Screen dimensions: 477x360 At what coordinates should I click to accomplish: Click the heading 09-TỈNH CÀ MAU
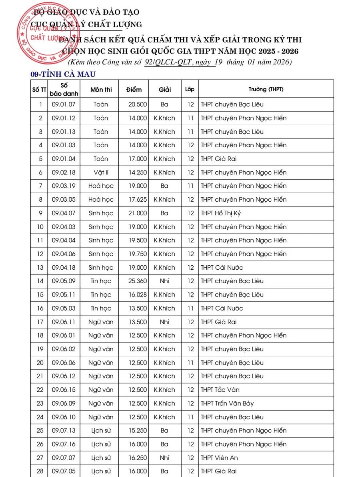click(63, 74)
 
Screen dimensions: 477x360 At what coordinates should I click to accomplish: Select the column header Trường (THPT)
click(266, 89)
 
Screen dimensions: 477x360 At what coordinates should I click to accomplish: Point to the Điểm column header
click(134, 89)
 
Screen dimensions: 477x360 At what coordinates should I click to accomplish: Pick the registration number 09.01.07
click(64, 104)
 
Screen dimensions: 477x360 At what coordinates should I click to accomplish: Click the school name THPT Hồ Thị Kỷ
click(224, 213)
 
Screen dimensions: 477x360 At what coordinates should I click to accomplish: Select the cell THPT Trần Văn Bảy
click(227, 403)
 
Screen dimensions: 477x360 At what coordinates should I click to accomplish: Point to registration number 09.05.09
click(64, 281)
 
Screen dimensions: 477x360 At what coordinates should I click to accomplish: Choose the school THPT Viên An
click(220, 458)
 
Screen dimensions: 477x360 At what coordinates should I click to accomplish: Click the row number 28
click(40, 471)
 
